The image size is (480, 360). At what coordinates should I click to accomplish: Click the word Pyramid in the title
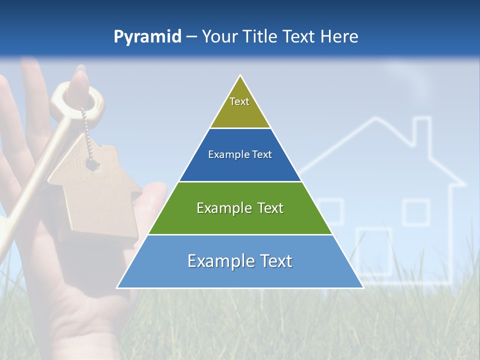[147, 37]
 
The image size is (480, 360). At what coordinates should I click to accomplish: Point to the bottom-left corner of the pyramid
[117, 287]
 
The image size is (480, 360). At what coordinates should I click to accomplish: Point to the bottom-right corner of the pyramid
[363, 287]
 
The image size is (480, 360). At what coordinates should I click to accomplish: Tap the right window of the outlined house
[416, 212]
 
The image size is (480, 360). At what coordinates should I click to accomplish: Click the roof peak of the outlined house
[372, 119]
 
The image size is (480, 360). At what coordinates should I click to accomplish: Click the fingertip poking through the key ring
[79, 82]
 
